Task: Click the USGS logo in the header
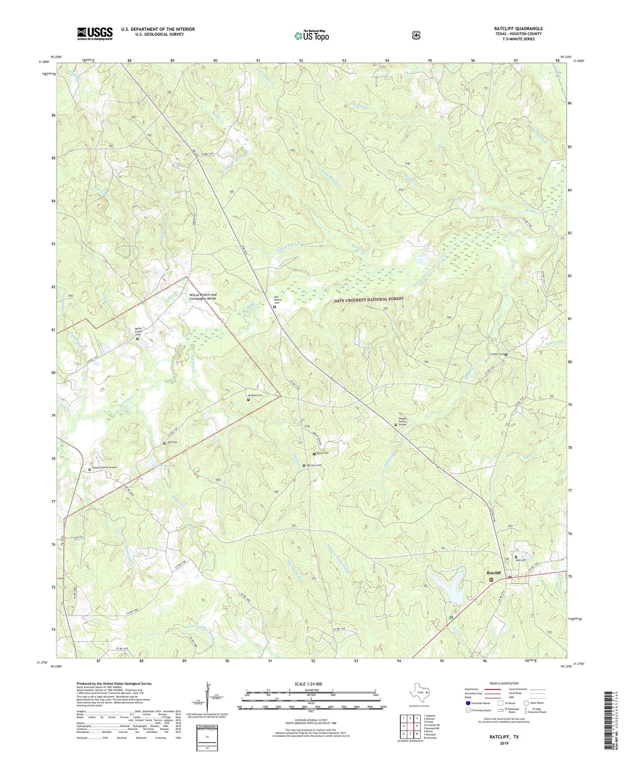[x=95, y=33]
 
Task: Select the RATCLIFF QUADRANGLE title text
[x=518, y=29]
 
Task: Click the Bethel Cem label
[x=255, y=395]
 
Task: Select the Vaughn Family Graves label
[x=402, y=422]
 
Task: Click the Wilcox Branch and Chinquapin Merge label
[x=203, y=296]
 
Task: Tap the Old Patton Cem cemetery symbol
[x=274, y=307]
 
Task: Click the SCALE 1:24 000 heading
[x=308, y=684]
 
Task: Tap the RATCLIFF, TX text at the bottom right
[x=504, y=737]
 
